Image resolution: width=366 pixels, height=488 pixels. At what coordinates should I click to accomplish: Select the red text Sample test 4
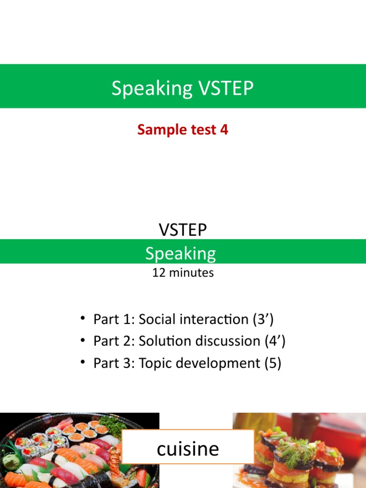183,129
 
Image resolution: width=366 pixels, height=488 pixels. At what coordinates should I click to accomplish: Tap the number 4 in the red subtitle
224,129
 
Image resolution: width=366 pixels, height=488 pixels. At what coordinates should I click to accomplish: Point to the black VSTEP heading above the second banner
183,230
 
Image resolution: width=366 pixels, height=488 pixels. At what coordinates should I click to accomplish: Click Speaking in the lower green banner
181,253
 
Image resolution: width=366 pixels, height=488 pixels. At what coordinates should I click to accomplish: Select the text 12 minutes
183,273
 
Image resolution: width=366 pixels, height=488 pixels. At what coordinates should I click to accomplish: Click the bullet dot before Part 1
83,318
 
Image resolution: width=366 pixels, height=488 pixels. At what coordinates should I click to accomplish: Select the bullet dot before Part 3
83,362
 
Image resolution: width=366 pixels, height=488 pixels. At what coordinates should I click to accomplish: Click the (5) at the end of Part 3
273,364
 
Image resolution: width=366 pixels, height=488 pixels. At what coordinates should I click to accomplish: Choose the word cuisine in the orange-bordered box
188,448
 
